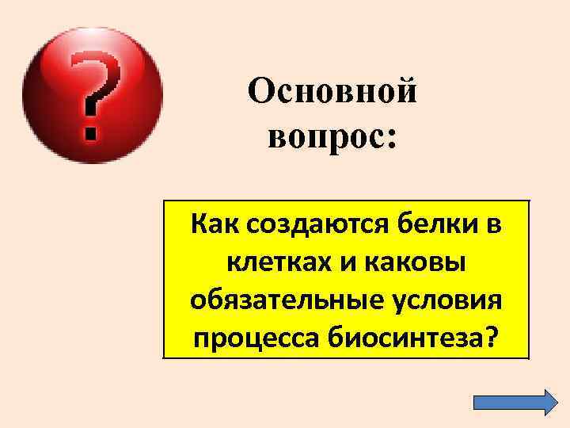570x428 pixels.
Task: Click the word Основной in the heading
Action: click(332, 94)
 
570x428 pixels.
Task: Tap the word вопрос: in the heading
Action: click(332, 136)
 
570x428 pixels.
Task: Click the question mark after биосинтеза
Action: click(495, 338)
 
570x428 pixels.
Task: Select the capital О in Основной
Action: click(260, 94)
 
